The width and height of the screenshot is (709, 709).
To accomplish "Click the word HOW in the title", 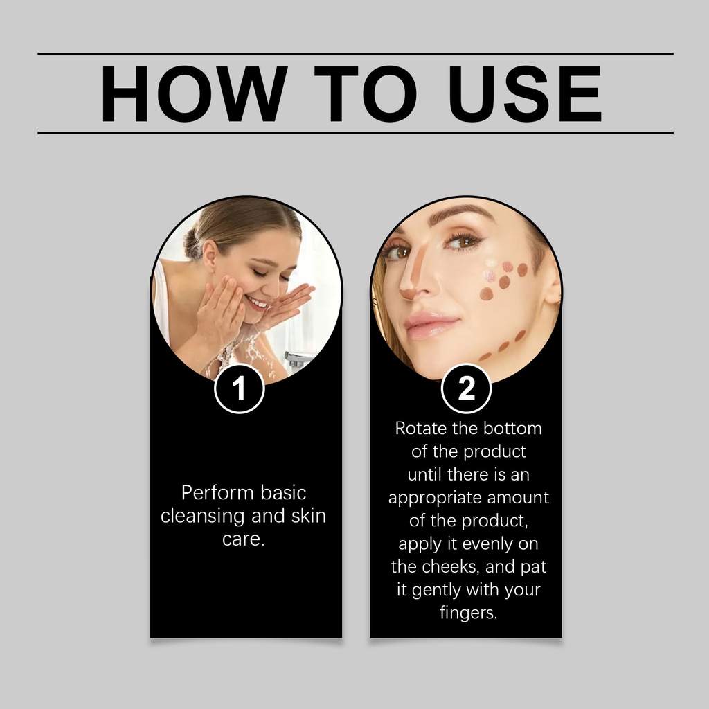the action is tap(194, 94).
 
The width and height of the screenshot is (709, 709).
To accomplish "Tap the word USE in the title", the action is tap(525, 94).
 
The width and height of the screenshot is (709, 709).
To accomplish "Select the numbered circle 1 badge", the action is tap(239, 388).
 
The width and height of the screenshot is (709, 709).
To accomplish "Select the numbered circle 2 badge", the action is tap(466, 388).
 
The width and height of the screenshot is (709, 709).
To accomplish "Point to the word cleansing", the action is tap(203, 516).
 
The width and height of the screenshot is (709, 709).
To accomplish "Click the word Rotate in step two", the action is tap(420, 428).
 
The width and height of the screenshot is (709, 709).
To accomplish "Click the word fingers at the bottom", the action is tap(469, 613).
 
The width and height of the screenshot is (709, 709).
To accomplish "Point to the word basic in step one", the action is tap(283, 492).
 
